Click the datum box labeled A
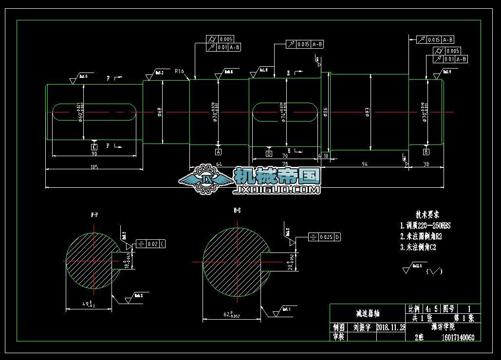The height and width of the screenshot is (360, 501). (219, 152)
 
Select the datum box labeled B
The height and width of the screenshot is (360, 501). (426, 152)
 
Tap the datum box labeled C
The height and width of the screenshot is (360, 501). (94, 146)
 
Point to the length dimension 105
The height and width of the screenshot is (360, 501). (94, 167)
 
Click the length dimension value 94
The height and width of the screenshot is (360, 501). (364, 165)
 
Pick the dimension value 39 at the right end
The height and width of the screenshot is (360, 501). (426, 165)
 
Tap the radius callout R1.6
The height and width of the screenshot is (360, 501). (179, 72)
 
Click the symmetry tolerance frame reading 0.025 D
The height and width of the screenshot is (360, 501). (326, 237)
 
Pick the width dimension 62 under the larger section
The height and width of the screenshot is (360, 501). (229, 315)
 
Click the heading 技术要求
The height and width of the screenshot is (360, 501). (427, 214)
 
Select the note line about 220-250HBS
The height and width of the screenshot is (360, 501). (425, 226)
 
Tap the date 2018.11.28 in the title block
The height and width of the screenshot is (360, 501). (391, 327)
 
